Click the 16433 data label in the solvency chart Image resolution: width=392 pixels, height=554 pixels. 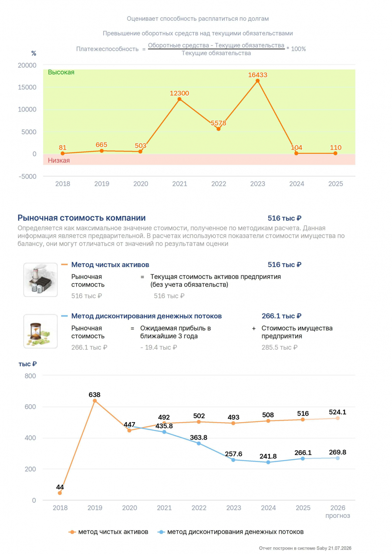[x=257, y=75]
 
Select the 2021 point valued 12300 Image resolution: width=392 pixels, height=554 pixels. [x=179, y=99]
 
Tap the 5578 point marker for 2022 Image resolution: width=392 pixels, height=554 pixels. [x=219, y=129]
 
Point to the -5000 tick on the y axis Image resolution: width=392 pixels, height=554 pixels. [x=27, y=177]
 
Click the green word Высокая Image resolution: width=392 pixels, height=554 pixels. [x=61, y=72]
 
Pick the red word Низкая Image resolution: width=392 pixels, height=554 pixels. [x=59, y=161]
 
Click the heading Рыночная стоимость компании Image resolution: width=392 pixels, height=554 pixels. [x=81, y=218]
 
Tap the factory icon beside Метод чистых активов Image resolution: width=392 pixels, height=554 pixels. [x=40, y=280]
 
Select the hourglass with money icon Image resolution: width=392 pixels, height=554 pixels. [x=40, y=331]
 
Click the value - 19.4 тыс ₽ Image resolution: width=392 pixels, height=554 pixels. [x=159, y=348]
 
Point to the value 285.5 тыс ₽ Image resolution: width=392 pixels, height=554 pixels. [x=280, y=348]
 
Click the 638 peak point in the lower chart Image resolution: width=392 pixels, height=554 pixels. [x=95, y=401]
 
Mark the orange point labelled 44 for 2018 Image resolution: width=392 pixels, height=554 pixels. [x=60, y=493]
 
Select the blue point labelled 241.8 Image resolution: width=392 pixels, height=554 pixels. [x=268, y=462]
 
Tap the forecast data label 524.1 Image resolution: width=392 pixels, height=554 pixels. [x=338, y=412]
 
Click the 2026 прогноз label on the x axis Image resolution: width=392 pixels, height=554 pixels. [x=338, y=512]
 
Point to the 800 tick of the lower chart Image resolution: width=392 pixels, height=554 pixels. [x=30, y=376]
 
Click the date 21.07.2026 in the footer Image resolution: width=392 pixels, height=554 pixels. [x=339, y=548]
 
